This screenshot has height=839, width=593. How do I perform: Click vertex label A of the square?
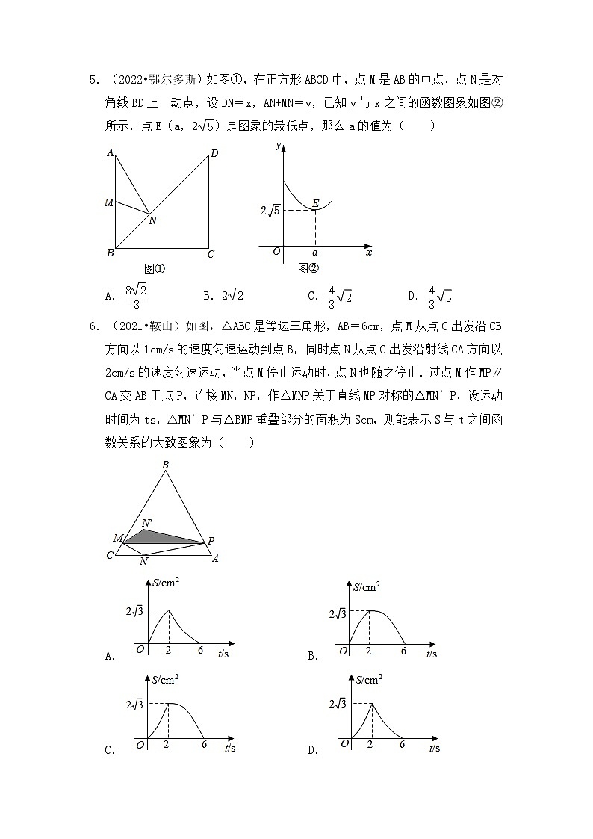click(x=110, y=153)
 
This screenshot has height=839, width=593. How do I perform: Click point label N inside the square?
click(x=152, y=220)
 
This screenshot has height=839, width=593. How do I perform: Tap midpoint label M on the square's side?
click(x=109, y=202)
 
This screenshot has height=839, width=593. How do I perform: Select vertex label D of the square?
click(x=214, y=154)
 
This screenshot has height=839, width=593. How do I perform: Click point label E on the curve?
click(x=316, y=203)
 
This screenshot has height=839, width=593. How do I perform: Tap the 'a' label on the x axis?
click(x=314, y=253)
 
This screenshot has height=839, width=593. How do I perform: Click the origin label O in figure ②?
click(x=276, y=252)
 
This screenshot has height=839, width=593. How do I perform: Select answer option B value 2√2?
click(x=223, y=295)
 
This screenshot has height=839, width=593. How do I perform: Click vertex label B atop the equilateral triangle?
click(x=165, y=465)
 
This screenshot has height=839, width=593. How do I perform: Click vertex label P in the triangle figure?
click(x=211, y=541)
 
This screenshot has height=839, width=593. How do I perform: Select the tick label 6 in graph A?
click(x=200, y=651)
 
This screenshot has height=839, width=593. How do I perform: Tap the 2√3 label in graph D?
click(x=337, y=704)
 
